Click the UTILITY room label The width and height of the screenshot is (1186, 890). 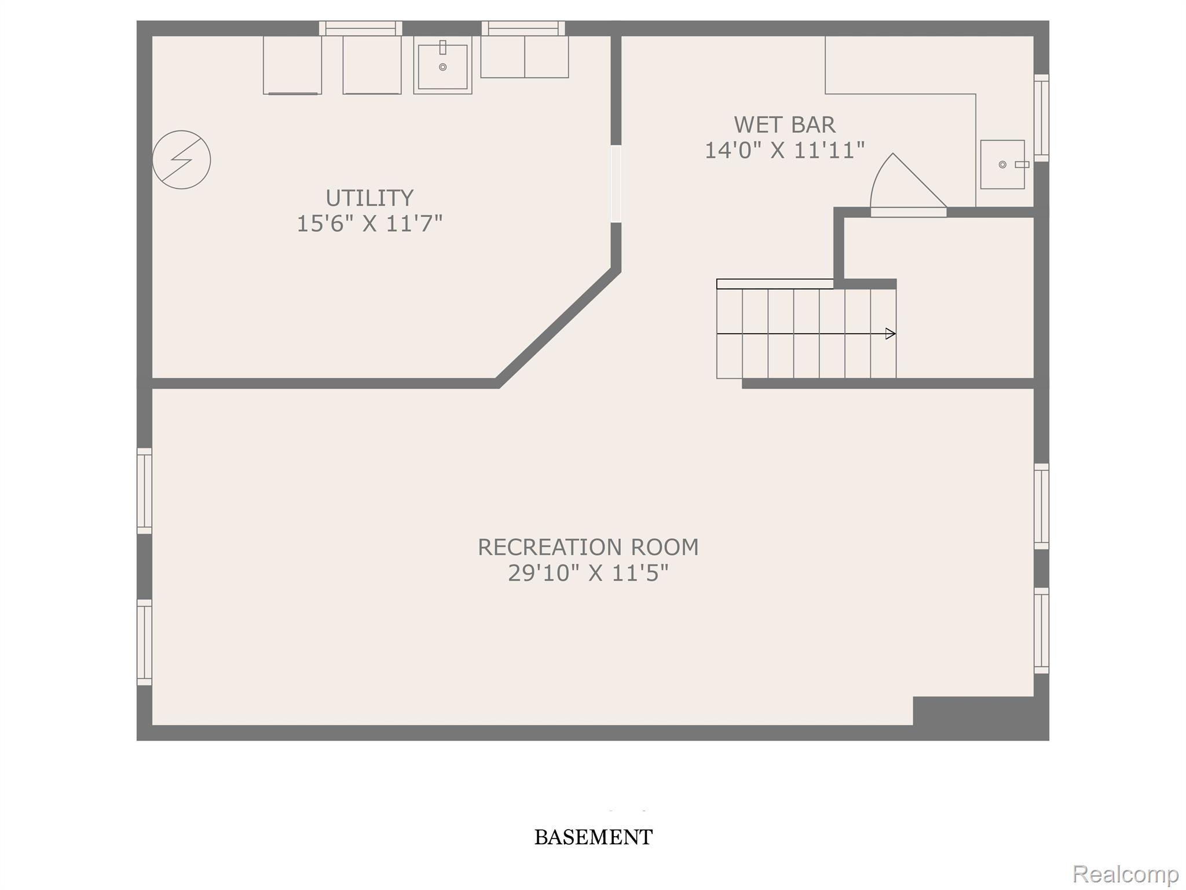369,198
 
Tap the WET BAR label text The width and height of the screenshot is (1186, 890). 785,125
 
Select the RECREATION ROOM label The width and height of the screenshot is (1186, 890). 588,547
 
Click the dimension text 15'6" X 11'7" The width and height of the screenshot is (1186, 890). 369,223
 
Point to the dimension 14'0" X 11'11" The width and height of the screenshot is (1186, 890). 785,151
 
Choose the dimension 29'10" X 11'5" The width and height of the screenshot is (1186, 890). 588,573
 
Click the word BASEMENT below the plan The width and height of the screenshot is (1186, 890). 593,837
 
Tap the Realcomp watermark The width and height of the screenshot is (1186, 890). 1125,873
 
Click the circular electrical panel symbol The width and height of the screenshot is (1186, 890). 181,160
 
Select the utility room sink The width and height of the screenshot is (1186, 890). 442,65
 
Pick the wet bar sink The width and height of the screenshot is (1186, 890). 1002,165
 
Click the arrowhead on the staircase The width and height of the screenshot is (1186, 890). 891,334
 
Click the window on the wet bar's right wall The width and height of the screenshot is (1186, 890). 1041,118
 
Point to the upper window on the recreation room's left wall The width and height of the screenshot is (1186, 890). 144,491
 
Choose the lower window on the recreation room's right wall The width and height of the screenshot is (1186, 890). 1041,630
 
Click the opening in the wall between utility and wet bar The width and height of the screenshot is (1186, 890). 616,184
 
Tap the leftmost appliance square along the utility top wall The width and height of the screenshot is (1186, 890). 292,65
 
